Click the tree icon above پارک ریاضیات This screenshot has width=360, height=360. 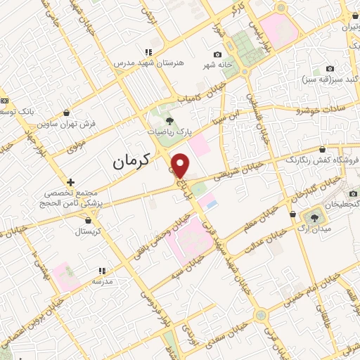point(167,119)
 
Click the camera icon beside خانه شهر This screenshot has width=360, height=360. point(218,54)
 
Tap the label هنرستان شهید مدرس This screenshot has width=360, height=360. point(148,63)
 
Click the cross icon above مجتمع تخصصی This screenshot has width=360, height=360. point(70,182)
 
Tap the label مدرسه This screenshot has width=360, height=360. point(101,281)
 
